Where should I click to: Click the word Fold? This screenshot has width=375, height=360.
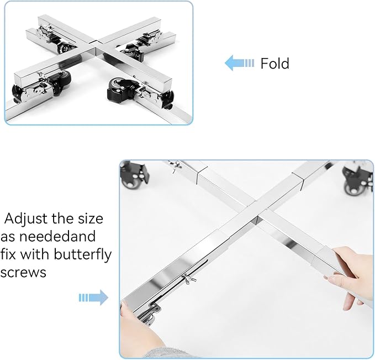click(275, 64)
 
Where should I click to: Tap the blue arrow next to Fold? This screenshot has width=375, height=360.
click(239, 63)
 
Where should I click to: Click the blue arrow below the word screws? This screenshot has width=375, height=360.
click(93, 298)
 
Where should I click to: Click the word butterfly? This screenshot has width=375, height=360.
click(83, 255)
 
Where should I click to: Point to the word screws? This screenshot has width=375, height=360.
click(23, 272)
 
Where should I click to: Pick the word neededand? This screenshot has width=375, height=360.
click(57, 236)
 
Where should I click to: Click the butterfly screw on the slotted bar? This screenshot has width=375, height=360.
click(189, 279)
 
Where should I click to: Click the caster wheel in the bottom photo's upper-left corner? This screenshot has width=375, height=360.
click(133, 174)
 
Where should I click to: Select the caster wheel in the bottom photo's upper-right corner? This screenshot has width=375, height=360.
click(357, 179)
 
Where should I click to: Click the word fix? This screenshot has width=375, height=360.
click(8, 254)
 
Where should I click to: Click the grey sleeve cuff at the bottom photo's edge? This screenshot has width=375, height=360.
click(168, 353)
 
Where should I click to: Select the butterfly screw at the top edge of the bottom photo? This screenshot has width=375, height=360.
click(175, 165)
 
